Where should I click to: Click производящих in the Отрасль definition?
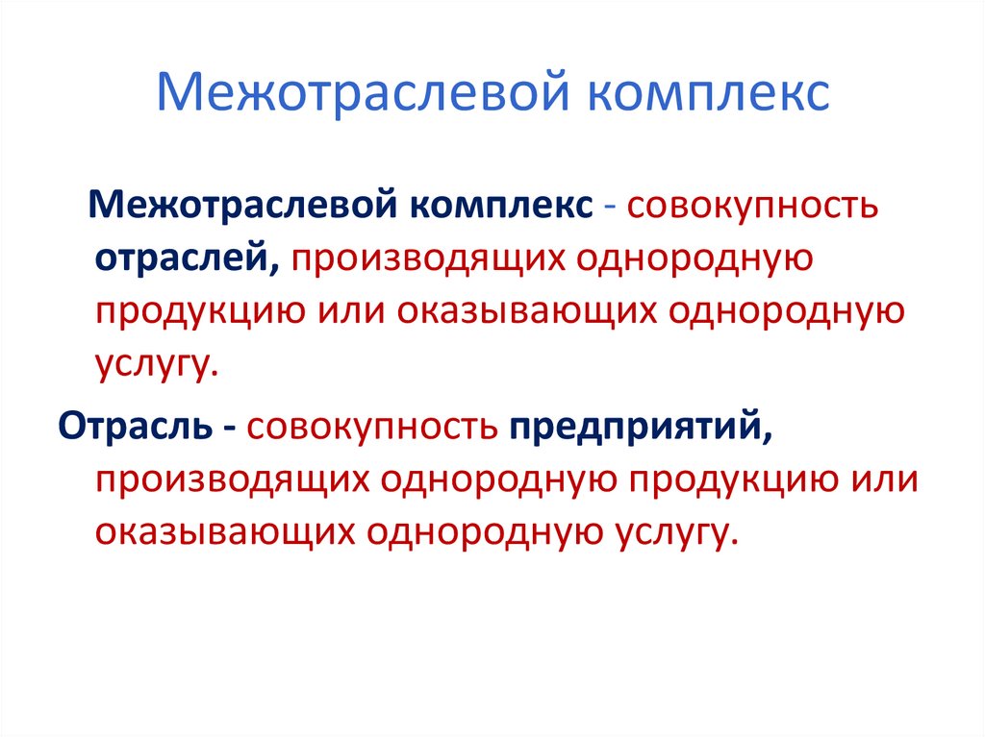231,478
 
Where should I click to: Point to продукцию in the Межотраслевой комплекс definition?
200,309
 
